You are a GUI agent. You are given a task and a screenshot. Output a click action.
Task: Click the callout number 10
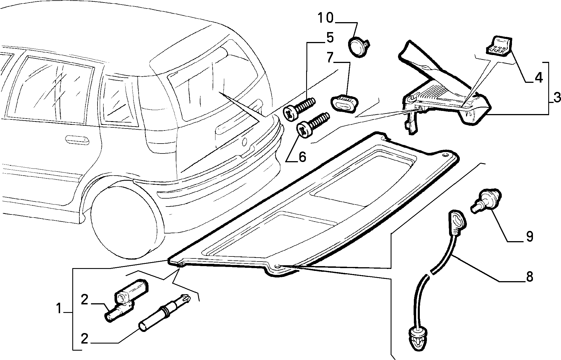point(325,18)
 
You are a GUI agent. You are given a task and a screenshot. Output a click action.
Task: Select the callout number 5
point(330,38)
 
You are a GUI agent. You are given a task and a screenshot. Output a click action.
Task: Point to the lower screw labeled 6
point(312,126)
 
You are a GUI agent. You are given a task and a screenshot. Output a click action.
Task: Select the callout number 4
point(538,77)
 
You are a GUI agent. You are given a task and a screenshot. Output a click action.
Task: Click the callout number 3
point(556,98)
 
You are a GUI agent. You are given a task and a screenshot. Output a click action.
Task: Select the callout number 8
point(529,277)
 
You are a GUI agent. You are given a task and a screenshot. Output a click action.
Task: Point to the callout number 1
point(59,309)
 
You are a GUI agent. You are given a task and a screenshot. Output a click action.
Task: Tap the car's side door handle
point(77,139)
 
